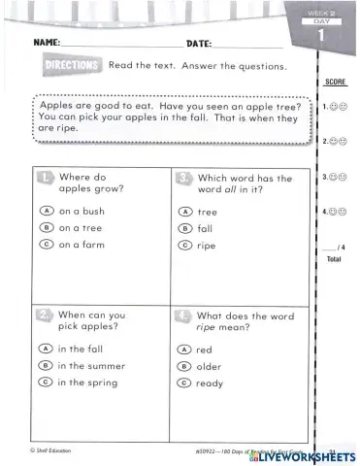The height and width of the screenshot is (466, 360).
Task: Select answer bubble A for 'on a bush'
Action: [x=46, y=211]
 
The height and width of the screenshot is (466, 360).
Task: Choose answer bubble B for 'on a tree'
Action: [x=46, y=227]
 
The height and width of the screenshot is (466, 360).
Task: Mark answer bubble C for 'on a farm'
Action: [x=46, y=245]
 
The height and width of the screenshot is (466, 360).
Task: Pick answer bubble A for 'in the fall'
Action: [x=45, y=349]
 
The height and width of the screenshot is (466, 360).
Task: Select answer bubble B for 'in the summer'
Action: [x=45, y=366]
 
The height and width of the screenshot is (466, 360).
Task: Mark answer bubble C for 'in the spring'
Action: [x=45, y=383]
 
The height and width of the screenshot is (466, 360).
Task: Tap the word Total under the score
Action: [x=335, y=259]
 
